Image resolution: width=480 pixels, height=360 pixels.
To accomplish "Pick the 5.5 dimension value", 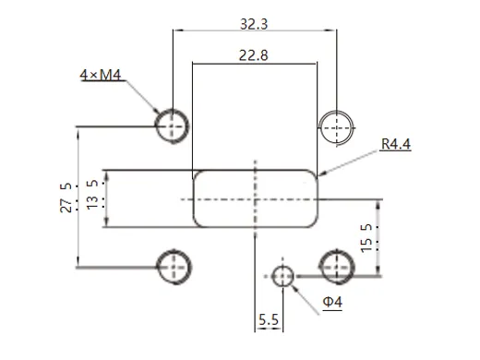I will [270, 319].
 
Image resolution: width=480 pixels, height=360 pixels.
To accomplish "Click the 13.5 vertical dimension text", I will [92, 198].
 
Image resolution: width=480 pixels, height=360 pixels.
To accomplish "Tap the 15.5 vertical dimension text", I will [366, 238].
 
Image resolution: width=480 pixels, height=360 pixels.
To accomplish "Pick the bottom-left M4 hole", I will [173, 266].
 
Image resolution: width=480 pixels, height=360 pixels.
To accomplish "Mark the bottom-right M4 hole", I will [337, 266].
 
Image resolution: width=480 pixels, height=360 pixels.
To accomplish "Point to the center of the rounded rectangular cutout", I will [255, 198].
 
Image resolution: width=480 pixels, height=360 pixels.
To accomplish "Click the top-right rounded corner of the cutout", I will [314, 174].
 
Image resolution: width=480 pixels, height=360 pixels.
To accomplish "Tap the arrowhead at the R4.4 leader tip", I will [319, 173].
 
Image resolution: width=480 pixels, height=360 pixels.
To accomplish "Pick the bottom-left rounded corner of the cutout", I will [196, 222].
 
